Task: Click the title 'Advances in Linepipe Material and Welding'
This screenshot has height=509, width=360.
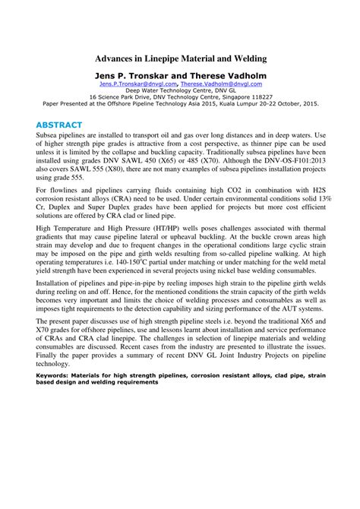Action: click(180, 58)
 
